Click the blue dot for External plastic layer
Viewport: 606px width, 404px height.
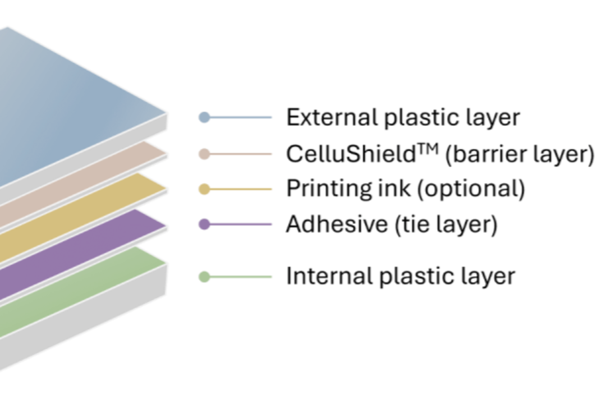pos(204,117)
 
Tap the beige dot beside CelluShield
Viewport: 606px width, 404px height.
pos(204,154)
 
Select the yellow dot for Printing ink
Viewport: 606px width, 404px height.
pos(204,189)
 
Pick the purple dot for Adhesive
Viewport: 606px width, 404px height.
pos(204,224)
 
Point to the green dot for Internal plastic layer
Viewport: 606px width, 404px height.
pos(204,277)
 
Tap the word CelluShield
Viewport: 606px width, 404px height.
pos(351,154)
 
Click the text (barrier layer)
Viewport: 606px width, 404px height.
pos(520,155)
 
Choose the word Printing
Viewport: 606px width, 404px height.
pos(329,189)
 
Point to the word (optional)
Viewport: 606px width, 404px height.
pos(471,190)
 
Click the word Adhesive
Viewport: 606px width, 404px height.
pos(337,224)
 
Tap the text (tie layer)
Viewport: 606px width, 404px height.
pos(446,225)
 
